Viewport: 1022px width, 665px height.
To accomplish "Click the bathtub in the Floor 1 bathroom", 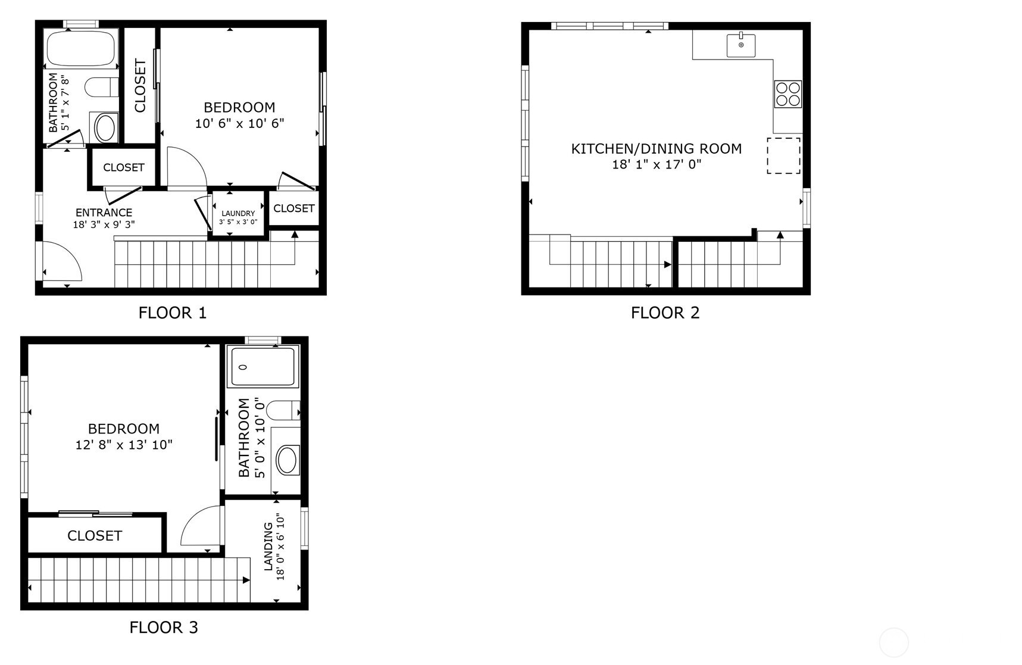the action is (82, 48).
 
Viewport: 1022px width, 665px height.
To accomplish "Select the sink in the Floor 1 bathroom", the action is (105, 127).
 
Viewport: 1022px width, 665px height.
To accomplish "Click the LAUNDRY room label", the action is (238, 213).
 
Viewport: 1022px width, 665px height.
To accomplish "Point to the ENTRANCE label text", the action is (104, 213).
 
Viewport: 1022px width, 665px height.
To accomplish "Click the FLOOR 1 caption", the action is (173, 313).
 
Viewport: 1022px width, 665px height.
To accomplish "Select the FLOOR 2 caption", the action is (665, 313).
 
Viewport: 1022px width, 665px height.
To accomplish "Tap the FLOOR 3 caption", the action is (164, 627).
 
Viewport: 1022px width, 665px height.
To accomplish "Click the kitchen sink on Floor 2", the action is (741, 45).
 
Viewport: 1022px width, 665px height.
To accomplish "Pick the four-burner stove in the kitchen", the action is (788, 94).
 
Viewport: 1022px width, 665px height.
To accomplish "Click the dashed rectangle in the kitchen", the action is (783, 155).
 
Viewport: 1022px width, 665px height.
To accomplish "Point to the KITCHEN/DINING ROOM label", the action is (657, 148).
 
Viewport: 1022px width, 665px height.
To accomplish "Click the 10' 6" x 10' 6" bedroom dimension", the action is (240, 123).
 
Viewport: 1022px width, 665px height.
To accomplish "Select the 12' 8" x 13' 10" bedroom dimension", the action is (124, 444).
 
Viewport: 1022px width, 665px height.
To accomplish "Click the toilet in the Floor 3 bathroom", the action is (283, 410).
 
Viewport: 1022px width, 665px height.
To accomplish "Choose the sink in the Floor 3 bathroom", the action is (287, 460).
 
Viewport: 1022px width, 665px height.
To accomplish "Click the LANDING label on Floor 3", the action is (268, 547).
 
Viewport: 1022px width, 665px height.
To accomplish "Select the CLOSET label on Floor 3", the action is (95, 536).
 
